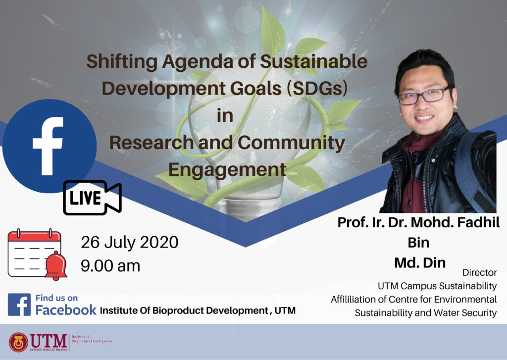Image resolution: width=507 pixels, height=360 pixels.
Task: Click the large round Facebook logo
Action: [49, 146]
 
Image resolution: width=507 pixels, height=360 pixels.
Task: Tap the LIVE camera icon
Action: [92, 198]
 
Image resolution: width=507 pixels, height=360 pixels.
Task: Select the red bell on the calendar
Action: [56, 265]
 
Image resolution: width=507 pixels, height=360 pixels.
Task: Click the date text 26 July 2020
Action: [129, 242]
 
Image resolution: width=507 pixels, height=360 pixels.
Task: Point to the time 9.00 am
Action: [110, 266]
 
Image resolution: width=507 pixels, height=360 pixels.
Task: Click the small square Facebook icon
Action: [19, 305]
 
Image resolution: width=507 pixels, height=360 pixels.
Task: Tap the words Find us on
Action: [56, 298]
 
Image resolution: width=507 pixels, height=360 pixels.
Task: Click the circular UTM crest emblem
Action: [18, 342]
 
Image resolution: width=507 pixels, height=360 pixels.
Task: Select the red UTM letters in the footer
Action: [49, 341]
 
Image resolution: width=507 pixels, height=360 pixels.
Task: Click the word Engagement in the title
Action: [227, 170]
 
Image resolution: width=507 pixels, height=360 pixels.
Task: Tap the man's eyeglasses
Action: [424, 96]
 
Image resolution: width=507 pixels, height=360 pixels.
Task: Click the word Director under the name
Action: [479, 273]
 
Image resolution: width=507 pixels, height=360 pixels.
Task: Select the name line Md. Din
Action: [420, 262]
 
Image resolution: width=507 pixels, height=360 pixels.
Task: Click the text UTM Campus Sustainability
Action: [437, 286]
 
